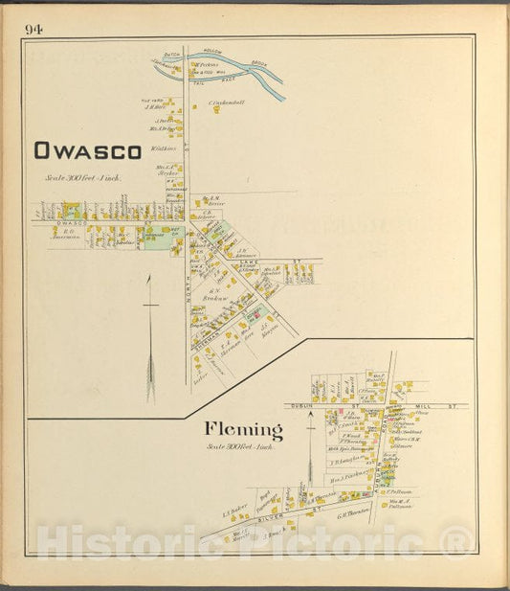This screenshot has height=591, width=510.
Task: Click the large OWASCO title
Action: click(x=87, y=150)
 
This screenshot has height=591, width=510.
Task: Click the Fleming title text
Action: click(x=242, y=429)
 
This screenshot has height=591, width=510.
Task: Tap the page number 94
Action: click(x=34, y=30)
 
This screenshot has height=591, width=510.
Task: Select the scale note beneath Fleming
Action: click(x=242, y=446)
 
